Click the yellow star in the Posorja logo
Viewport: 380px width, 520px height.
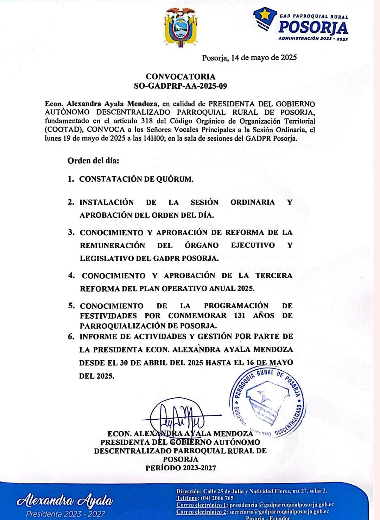pos(265,15)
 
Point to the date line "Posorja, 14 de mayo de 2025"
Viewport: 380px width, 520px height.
pos(249,58)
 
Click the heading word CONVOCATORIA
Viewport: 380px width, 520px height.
pos(180,76)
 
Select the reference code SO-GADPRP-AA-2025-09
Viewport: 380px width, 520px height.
pos(180,86)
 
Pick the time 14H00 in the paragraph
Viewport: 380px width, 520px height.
pos(154,138)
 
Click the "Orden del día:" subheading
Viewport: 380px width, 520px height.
pos(93,161)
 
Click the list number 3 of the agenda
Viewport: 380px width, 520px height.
pos(71,232)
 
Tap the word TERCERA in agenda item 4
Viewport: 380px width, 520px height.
pos(274,275)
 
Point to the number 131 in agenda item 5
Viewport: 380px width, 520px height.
pos(239,315)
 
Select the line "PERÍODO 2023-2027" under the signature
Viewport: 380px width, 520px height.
pos(180,468)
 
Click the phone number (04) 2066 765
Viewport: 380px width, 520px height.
pos(217,498)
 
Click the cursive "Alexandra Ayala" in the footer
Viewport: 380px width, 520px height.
pos(66,500)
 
